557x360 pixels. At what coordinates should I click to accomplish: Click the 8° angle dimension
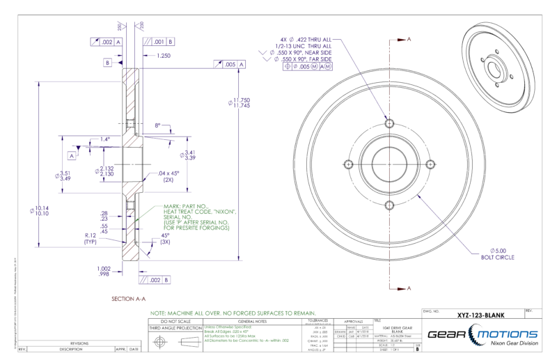point(158,125)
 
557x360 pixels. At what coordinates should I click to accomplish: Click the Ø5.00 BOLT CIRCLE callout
point(501,253)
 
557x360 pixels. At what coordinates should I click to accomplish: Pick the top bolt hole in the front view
point(390,124)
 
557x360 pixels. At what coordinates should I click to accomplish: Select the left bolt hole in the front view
point(347,165)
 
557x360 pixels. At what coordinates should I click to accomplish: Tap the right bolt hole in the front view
point(432,165)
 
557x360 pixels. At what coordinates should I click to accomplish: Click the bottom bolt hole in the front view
point(390,208)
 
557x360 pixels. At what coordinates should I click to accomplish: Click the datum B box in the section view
point(108,63)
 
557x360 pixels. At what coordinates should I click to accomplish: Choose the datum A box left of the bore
point(72,155)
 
